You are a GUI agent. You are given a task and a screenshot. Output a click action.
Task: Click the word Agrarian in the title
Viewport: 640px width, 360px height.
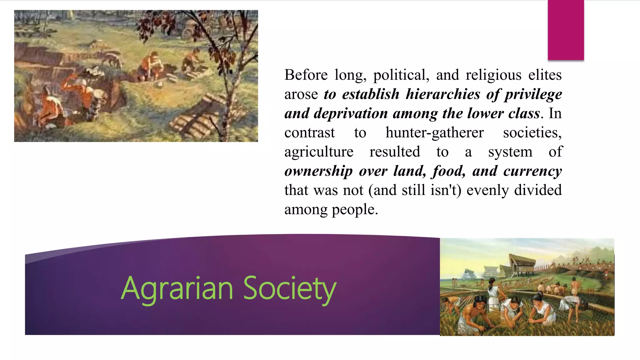tap(177, 288)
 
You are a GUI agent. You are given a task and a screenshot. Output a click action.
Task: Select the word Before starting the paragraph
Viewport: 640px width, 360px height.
tap(306, 75)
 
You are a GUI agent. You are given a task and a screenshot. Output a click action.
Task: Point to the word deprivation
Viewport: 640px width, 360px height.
tap(351, 113)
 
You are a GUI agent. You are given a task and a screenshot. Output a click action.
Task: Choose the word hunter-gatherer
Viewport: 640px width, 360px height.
tap(434, 132)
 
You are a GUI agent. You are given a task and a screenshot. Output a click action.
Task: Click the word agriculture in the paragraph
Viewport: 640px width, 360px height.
tap(319, 152)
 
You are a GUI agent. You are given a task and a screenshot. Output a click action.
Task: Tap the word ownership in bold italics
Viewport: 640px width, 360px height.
tap(318, 171)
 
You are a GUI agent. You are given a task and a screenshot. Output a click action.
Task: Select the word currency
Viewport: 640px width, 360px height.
tap(532, 171)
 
